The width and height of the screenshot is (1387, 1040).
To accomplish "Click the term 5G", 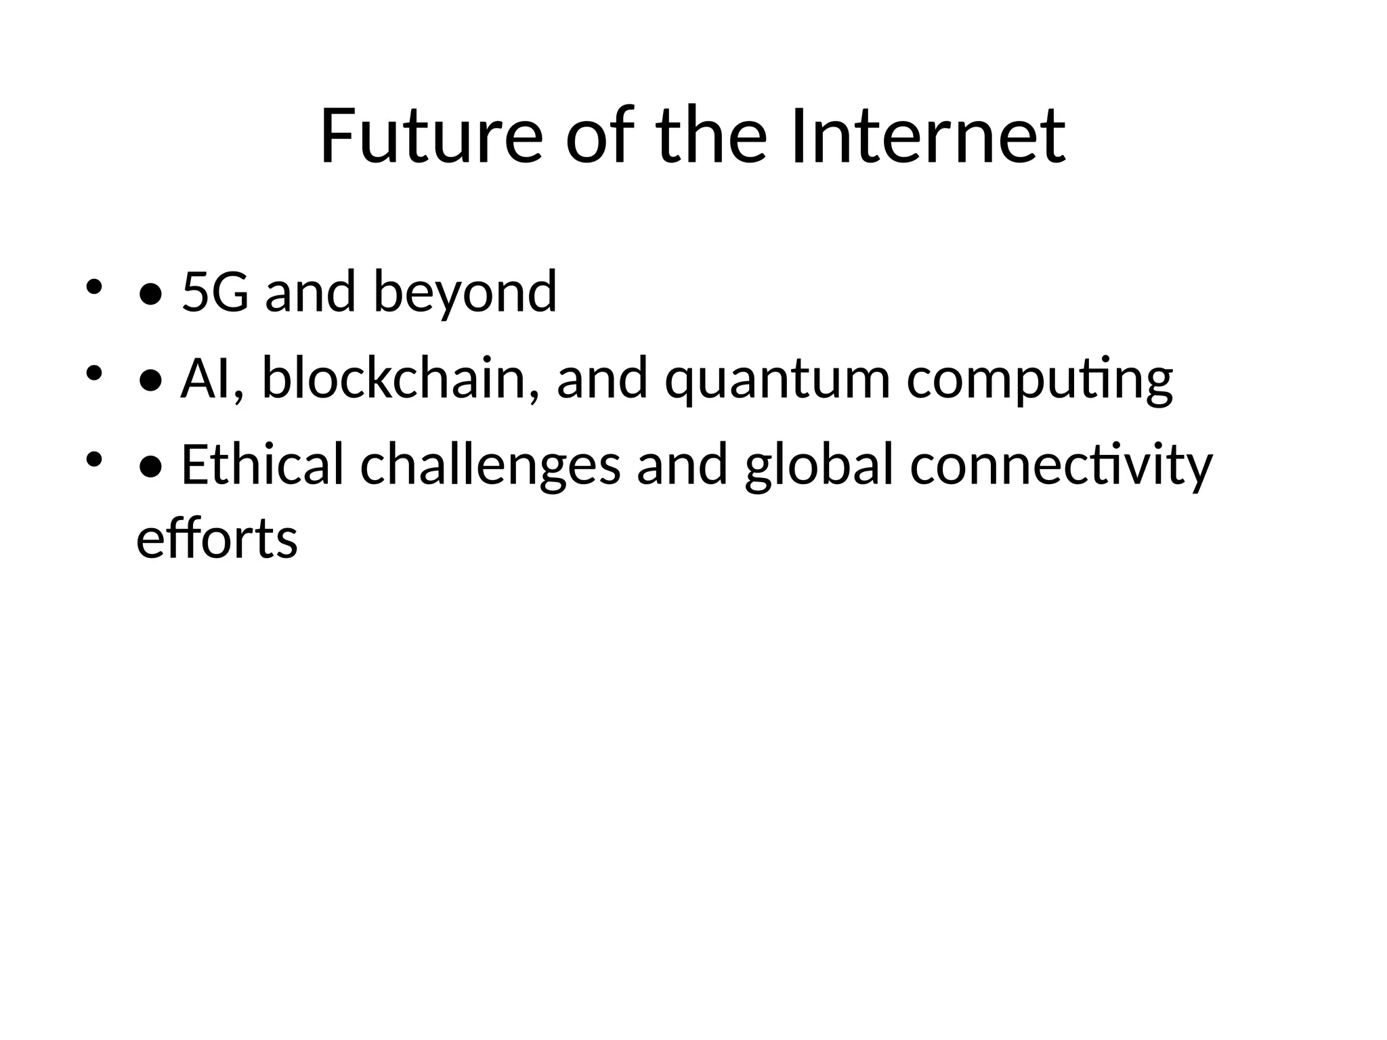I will point(215,292).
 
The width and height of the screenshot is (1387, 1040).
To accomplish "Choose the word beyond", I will point(465,292).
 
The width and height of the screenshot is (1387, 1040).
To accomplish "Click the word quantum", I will point(777,378).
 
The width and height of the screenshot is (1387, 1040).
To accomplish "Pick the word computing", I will point(1040,378).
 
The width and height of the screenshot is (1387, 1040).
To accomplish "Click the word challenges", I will point(490,465).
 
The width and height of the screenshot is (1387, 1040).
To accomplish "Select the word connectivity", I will point(1061,465).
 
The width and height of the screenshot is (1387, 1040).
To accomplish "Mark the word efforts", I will point(217,540).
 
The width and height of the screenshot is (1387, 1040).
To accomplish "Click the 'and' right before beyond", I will point(310,292).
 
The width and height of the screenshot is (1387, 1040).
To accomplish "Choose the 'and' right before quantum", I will point(602,378).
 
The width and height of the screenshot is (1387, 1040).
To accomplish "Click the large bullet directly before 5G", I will point(150,295).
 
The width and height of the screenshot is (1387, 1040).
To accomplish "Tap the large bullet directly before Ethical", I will point(150,468).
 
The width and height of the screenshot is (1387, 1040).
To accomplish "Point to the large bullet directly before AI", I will point(150,381).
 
